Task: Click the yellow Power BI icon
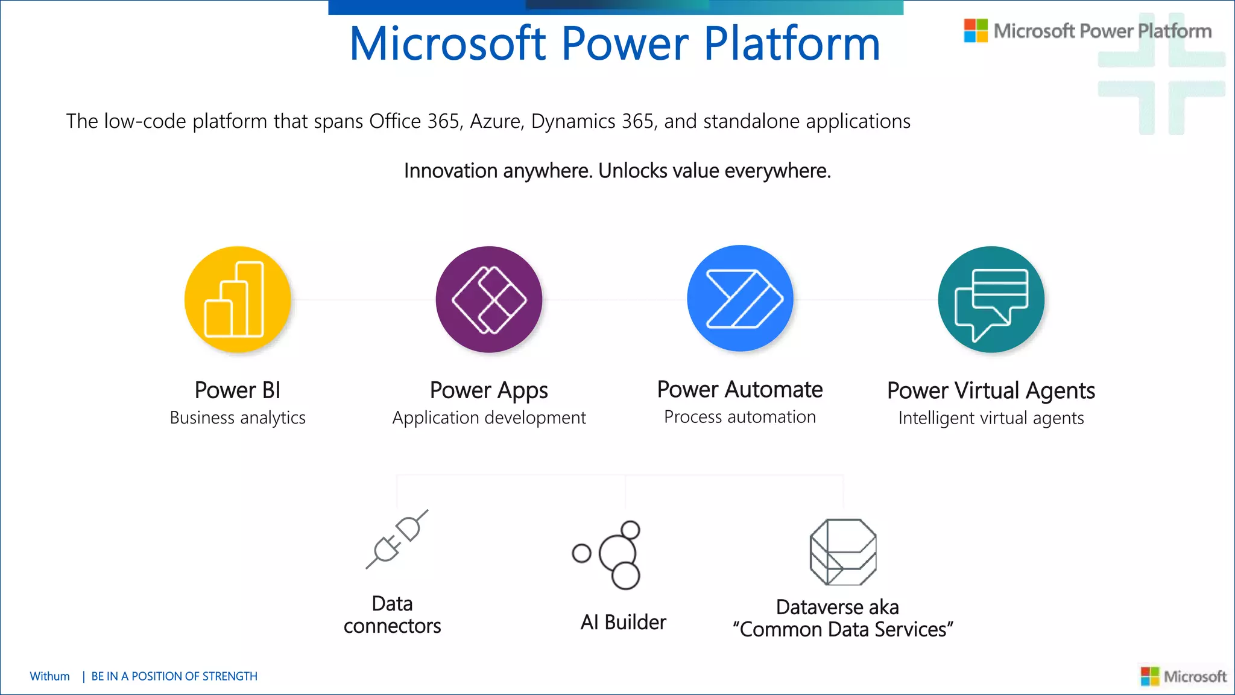pos(238,299)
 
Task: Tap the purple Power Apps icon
pos(489,299)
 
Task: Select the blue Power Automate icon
pos(741,298)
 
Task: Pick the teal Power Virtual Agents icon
pos(991,299)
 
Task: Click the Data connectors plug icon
pos(397,539)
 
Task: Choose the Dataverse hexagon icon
pos(842,551)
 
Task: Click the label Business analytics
pos(238,417)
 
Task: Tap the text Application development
pos(489,417)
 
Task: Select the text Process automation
pos(740,417)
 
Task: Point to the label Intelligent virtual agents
pos(991,417)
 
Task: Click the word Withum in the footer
pos(49,676)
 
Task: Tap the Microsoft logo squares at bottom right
pos(1150,676)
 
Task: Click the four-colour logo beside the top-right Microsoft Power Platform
pos(976,31)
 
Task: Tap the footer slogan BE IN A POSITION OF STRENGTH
pos(174,676)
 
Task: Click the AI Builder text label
pos(623,622)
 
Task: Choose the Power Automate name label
pos(740,390)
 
